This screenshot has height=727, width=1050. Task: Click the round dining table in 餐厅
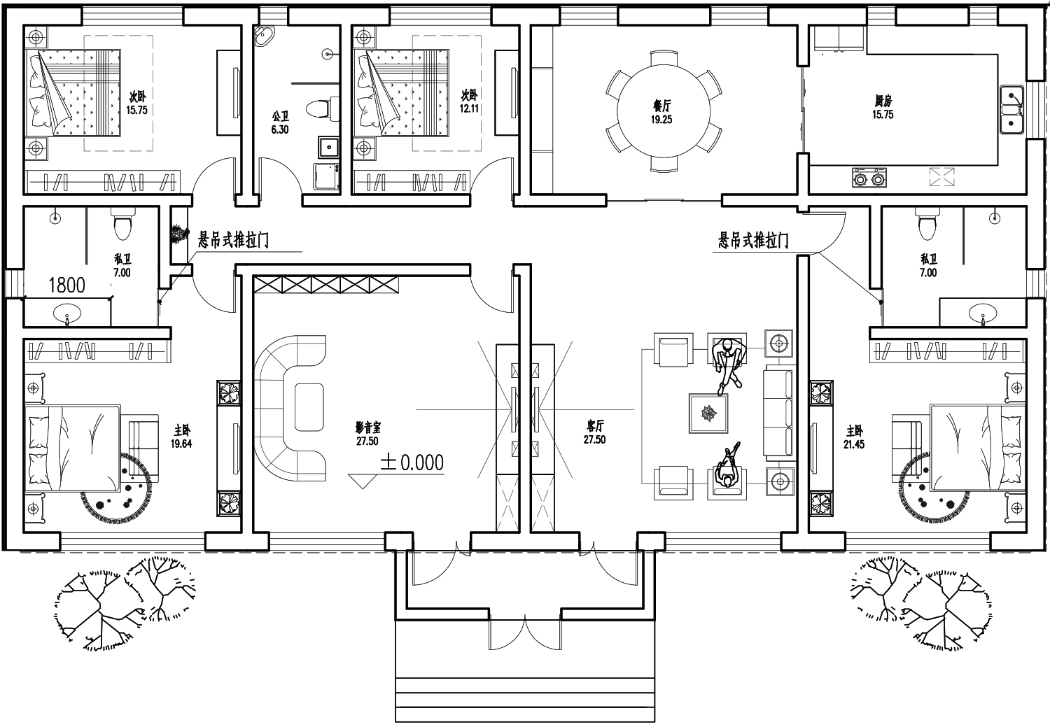(x=664, y=111)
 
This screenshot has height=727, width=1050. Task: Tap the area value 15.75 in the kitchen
(x=883, y=114)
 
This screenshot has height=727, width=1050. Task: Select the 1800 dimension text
(x=67, y=285)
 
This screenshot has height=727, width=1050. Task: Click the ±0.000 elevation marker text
(x=412, y=463)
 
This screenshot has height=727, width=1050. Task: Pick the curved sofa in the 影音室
(x=290, y=408)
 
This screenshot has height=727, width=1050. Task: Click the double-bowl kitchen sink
(x=1011, y=109)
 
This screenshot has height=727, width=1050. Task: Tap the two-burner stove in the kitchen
(x=869, y=178)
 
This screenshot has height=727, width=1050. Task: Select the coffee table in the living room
(x=708, y=414)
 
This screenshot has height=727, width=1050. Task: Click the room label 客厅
(x=595, y=425)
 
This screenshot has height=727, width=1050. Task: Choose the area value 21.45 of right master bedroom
(x=853, y=444)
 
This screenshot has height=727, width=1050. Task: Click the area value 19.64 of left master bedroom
(x=181, y=443)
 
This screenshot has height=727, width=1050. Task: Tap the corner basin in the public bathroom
(x=265, y=36)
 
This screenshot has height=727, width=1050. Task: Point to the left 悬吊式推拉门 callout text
(x=233, y=240)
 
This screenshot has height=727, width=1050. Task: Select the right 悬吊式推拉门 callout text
(x=753, y=240)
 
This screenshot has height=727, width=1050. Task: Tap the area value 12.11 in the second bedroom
(x=469, y=108)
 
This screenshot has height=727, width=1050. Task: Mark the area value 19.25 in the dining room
(x=661, y=120)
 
